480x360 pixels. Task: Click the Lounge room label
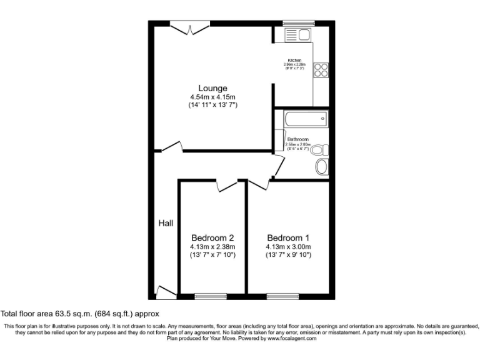[x=212, y=88]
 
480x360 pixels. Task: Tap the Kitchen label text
[x=294, y=61]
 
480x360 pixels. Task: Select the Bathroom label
[x=297, y=139]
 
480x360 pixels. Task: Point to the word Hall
[x=165, y=223]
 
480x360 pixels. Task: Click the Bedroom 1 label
[x=288, y=237]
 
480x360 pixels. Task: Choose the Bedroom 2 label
[x=212, y=237]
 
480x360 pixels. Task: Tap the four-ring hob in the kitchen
[x=321, y=69]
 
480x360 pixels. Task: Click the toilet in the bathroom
[x=319, y=150]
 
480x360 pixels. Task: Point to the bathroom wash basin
[x=322, y=167]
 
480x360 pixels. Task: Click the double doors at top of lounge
[x=190, y=27]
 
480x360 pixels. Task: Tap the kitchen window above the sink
[x=297, y=23]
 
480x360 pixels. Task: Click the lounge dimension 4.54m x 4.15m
[x=212, y=97]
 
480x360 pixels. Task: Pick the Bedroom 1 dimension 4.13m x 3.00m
[x=288, y=246]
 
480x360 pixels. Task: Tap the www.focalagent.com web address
[x=292, y=338]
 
